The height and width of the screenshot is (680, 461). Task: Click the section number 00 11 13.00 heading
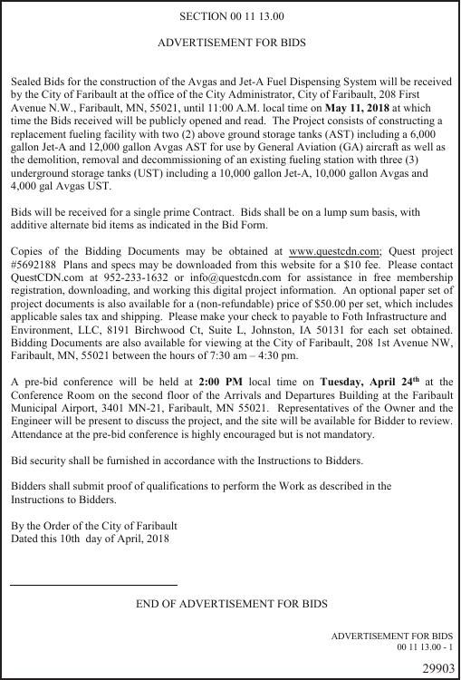pyautogui.click(x=231, y=16)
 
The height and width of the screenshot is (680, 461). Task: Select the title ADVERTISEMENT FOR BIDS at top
pyautogui.click(x=231, y=43)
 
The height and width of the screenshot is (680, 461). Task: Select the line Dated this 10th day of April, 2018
pyautogui.click(x=90, y=539)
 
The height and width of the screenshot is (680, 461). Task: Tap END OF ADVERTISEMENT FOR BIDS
pyautogui.click(x=231, y=603)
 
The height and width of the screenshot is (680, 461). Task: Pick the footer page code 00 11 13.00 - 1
pyautogui.click(x=424, y=647)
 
